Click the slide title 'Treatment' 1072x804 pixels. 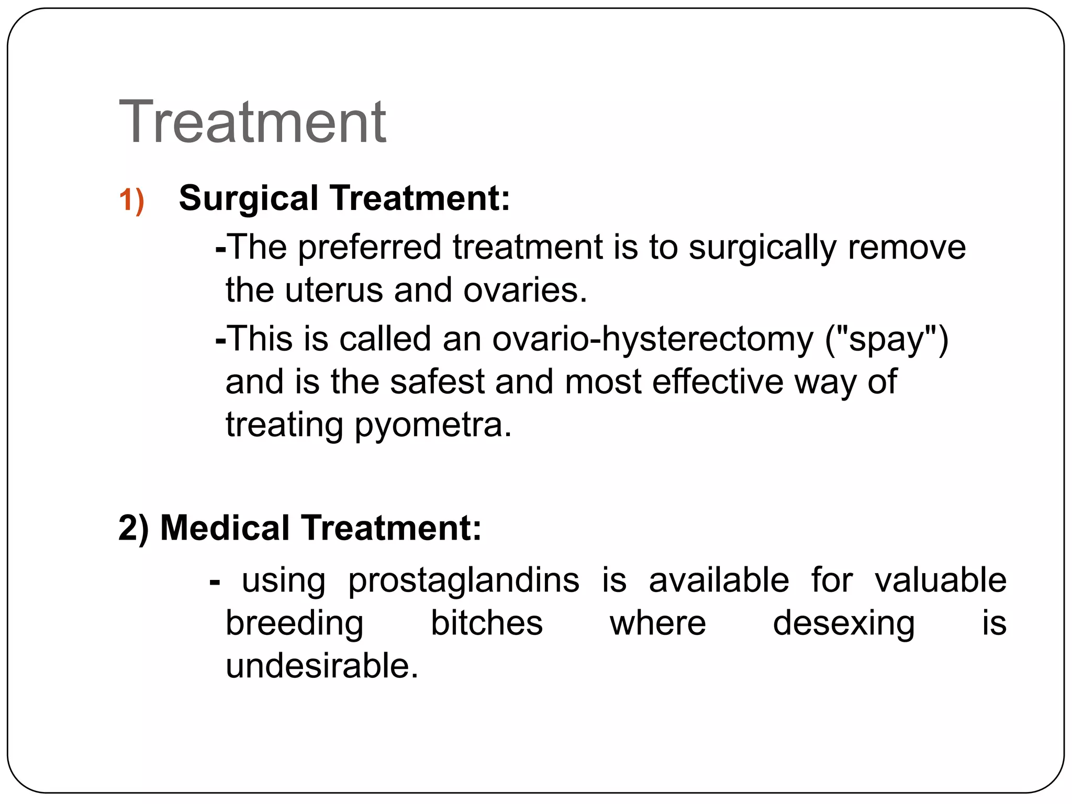point(252,122)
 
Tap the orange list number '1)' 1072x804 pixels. point(131,200)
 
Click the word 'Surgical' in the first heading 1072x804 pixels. point(248,199)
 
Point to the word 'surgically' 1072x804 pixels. point(762,248)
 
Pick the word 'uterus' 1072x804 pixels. point(334,291)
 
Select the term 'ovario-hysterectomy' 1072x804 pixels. point(653,340)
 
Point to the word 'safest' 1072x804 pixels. point(437,382)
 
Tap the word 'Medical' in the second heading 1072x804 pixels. point(225,528)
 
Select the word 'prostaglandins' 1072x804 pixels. point(464,582)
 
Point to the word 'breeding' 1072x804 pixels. point(294,624)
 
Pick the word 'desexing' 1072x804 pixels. point(844,624)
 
